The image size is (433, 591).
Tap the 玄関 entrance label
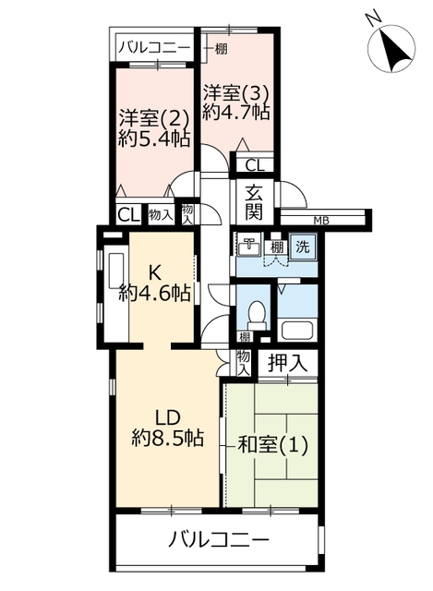point(254,203)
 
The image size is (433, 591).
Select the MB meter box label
point(321,222)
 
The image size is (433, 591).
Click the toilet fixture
point(257,316)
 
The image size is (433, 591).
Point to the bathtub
point(297,329)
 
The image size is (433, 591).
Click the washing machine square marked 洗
point(303,247)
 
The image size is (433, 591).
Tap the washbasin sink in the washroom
point(249,245)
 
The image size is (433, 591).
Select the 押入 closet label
point(287,363)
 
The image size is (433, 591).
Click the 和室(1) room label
point(273,445)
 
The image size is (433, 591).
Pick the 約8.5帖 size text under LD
point(168,438)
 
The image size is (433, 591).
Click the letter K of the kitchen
point(154,273)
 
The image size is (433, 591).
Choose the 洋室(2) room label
point(154,119)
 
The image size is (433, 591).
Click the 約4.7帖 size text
point(236,111)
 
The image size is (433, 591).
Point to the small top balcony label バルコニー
point(154,49)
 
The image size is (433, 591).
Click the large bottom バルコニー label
point(219,540)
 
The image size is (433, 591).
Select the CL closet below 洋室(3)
point(255,165)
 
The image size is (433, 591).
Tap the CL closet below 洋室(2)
point(129,215)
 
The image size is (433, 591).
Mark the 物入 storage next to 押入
point(244,363)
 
